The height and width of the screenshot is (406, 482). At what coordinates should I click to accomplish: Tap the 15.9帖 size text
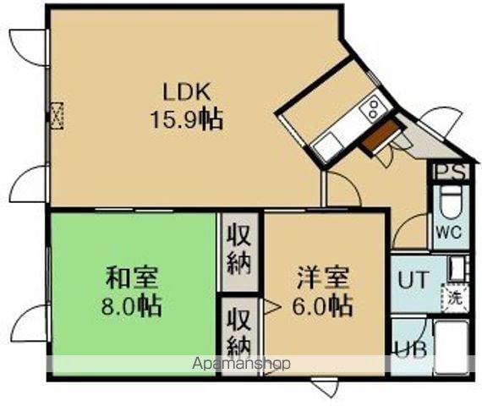pos(187,119)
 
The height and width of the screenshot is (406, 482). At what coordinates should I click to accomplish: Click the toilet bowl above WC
pos(451,203)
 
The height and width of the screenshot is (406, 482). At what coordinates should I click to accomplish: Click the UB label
pos(414,348)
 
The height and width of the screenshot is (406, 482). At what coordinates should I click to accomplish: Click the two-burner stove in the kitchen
pos(372,108)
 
